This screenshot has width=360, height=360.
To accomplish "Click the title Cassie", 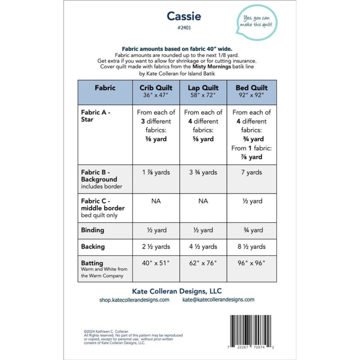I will coord(184,16).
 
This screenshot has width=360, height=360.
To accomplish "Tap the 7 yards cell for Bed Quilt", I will coord(251,172).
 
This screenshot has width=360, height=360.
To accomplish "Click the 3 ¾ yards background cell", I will coord(203,172).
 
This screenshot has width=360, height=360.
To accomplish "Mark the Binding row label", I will coord(93,230).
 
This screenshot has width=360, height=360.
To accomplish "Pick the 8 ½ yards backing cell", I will coord(251,247).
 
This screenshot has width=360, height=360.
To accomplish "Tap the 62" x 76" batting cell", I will coord(203,263).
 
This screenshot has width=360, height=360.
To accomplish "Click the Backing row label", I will coord(93,247).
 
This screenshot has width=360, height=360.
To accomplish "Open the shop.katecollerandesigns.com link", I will coord(134,300).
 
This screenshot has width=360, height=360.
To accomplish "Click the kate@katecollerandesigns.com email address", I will coord(218,300).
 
